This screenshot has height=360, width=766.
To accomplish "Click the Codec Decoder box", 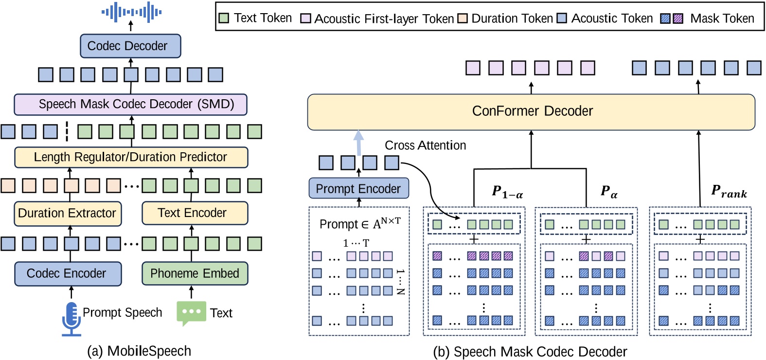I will [x=130, y=46].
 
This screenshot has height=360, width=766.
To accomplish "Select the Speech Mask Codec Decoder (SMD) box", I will [x=130, y=104].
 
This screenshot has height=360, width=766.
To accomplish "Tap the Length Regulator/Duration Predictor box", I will [x=131, y=157].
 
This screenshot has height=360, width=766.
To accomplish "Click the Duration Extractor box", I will [x=68, y=213].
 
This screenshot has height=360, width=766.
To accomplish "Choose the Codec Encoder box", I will [x=68, y=273].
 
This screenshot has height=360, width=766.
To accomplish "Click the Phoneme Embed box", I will [x=195, y=273].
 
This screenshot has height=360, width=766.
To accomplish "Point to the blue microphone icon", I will [x=71, y=319].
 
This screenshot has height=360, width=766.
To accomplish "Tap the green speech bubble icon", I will [x=191, y=313].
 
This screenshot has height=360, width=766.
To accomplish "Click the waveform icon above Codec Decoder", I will [x=131, y=12].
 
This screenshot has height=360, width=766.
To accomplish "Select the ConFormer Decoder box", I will [x=531, y=111].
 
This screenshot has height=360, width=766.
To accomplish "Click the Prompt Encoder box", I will [x=358, y=189].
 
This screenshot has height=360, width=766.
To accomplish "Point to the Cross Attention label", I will [x=425, y=145].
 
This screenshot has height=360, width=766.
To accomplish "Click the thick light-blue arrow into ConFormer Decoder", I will [x=358, y=143].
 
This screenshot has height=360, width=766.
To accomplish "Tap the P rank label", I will [x=728, y=191].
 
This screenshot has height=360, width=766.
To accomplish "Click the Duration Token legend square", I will [x=462, y=18].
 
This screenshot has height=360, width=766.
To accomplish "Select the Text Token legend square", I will [x=224, y=18].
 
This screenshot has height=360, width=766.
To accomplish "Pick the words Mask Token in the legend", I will [x=722, y=18].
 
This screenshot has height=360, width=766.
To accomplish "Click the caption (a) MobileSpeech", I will [x=139, y=351].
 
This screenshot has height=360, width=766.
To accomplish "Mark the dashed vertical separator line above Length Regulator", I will [x=67, y=131].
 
